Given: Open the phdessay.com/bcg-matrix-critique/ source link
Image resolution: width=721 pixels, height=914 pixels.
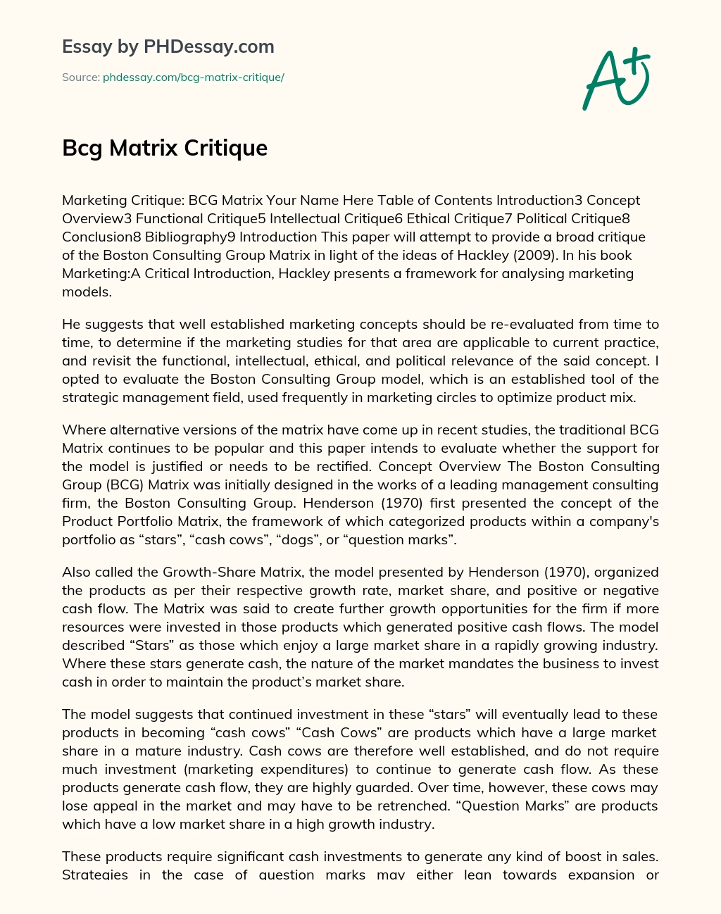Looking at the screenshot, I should (193, 77).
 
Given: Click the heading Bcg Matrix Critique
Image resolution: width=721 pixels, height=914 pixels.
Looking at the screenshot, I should (165, 148).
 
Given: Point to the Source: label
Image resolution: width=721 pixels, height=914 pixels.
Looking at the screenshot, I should (80, 77).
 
